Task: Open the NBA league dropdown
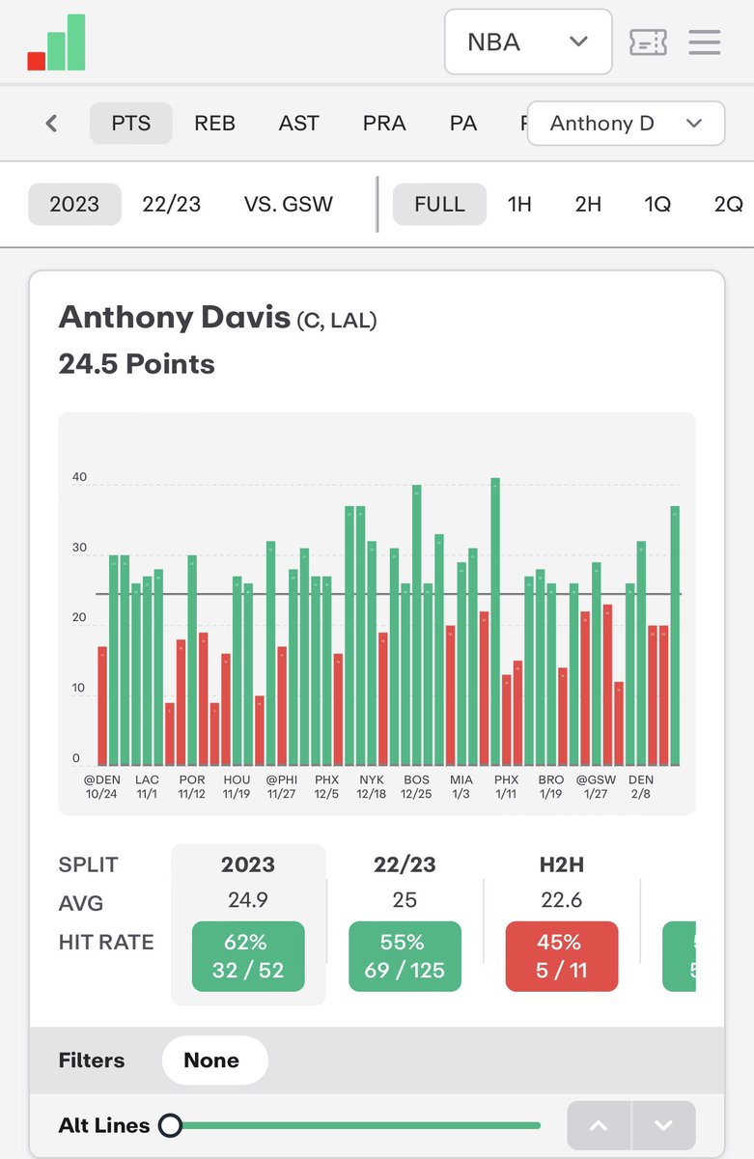click(x=527, y=42)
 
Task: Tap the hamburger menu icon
click(x=704, y=42)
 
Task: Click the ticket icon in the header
click(x=648, y=42)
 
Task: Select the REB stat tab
click(x=214, y=124)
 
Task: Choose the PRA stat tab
click(x=384, y=124)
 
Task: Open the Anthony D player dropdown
click(x=626, y=124)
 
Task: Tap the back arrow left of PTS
click(x=52, y=124)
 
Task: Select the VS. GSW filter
click(x=288, y=205)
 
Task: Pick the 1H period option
click(x=519, y=205)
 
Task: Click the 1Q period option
click(x=657, y=205)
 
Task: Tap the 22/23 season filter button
click(x=171, y=205)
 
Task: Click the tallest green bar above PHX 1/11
click(x=495, y=618)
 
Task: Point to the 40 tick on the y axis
click(x=79, y=478)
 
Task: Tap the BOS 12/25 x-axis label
click(x=416, y=786)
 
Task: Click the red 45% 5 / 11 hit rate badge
click(x=561, y=956)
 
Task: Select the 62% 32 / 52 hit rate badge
click(x=248, y=956)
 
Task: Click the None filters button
click(x=211, y=1060)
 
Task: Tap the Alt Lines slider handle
click(x=171, y=1125)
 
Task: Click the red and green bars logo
click(x=57, y=43)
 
